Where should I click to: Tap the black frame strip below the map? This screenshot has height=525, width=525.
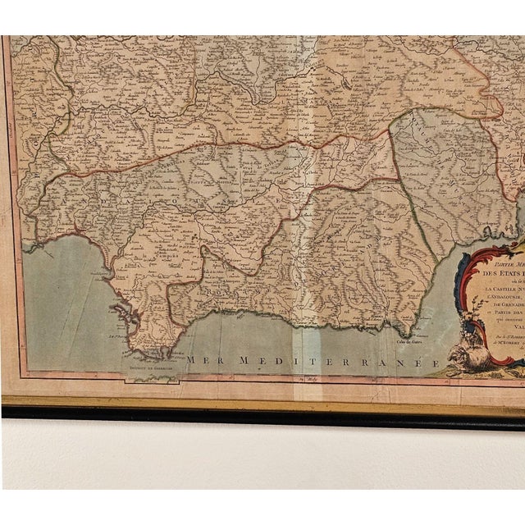coord(262,411)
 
